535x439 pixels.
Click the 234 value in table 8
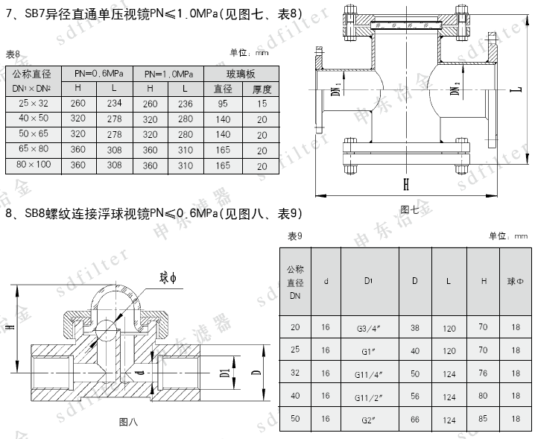(x=114, y=104)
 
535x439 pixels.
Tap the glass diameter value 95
(x=223, y=104)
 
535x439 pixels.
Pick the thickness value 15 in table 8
(x=262, y=104)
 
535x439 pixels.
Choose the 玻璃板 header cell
(x=241, y=74)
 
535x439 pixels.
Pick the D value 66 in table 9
(x=415, y=420)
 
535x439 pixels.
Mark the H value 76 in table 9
(x=483, y=373)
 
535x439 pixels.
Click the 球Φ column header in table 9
(x=516, y=281)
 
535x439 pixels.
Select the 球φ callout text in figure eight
(x=167, y=278)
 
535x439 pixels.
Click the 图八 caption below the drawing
(x=128, y=423)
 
